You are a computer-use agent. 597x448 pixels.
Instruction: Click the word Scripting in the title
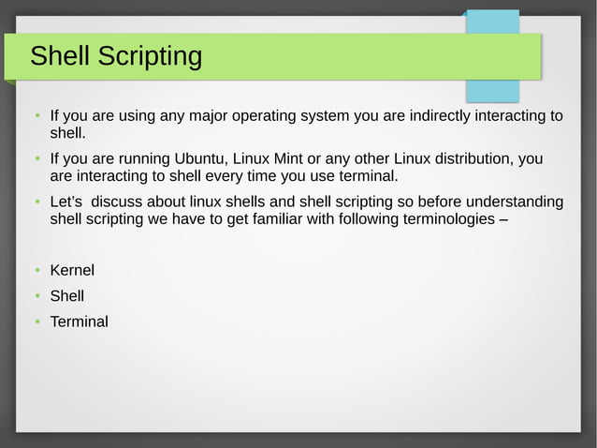pos(150,56)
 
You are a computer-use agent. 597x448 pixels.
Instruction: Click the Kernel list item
pos(72,271)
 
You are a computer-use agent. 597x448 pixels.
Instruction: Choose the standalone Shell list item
pos(66,296)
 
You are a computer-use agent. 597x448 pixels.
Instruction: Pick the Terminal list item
pos(79,321)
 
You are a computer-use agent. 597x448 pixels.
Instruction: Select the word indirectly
pos(436,116)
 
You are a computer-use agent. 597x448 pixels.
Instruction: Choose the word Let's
pos(66,202)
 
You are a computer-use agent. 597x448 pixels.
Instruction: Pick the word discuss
pos(118,202)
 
